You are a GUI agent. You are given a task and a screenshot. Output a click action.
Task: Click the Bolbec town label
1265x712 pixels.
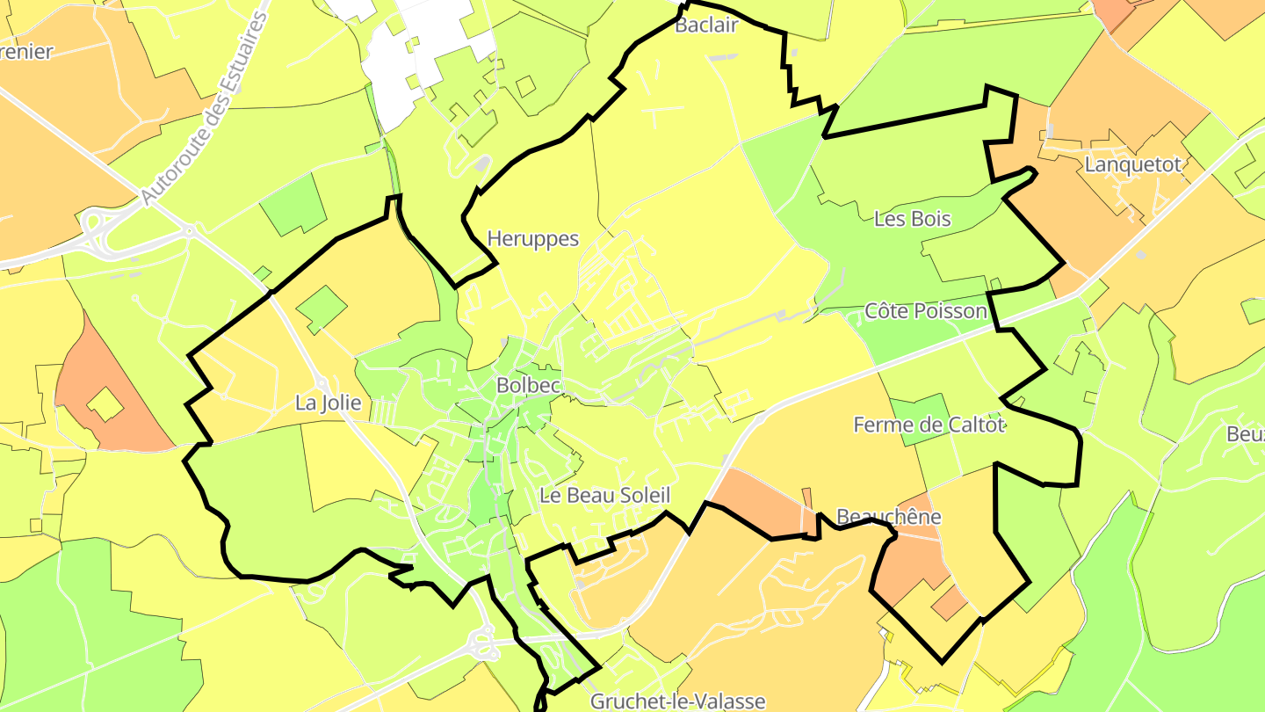(523, 385)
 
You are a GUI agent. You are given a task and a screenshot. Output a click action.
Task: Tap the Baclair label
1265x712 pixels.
(705, 25)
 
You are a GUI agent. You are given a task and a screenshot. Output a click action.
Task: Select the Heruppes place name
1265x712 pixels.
(533, 238)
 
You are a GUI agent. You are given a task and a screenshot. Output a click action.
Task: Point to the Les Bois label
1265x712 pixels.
(913, 219)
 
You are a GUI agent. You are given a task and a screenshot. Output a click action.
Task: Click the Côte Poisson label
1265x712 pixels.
(926, 311)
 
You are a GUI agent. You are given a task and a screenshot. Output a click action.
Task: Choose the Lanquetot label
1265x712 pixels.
(1133, 164)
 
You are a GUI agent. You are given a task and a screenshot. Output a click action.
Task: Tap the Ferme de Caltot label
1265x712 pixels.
(929, 425)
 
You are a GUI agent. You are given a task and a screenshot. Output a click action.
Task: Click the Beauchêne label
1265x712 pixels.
(889, 516)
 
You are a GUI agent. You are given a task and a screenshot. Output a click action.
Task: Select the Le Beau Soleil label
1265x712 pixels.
(605, 496)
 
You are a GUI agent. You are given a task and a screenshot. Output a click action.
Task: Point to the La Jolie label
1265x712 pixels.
(329, 403)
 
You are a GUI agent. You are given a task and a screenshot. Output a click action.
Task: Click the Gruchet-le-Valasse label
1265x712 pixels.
(678, 701)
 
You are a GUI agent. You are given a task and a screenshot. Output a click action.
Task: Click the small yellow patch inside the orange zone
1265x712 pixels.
(105, 404)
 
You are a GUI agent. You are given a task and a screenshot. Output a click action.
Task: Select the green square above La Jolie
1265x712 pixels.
(322, 309)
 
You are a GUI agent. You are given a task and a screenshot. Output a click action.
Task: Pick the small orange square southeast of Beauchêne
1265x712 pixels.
(949, 602)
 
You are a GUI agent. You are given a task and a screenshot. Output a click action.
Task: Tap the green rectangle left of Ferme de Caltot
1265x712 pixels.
(920, 419)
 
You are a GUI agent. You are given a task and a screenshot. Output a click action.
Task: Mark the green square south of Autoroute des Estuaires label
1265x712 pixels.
(293, 204)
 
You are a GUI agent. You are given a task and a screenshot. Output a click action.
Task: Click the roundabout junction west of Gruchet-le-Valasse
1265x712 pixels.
(483, 644)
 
